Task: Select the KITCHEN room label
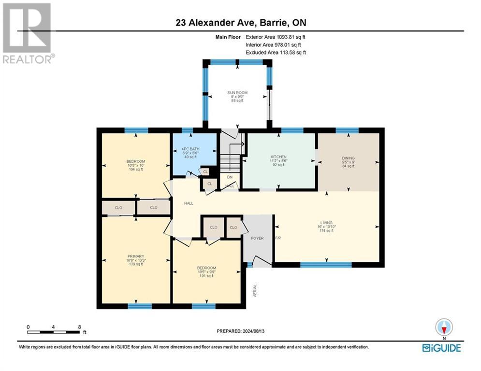[x=278, y=157]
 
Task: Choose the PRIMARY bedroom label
[x=136, y=257]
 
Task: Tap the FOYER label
[x=257, y=238]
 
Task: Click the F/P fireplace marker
[x=278, y=238]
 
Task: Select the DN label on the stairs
[x=230, y=177]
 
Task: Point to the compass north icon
[x=444, y=327]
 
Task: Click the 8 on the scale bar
[x=79, y=327]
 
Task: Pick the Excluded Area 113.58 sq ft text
[x=276, y=52]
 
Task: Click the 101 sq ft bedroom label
[x=206, y=276]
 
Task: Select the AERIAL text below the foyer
[x=255, y=290]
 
